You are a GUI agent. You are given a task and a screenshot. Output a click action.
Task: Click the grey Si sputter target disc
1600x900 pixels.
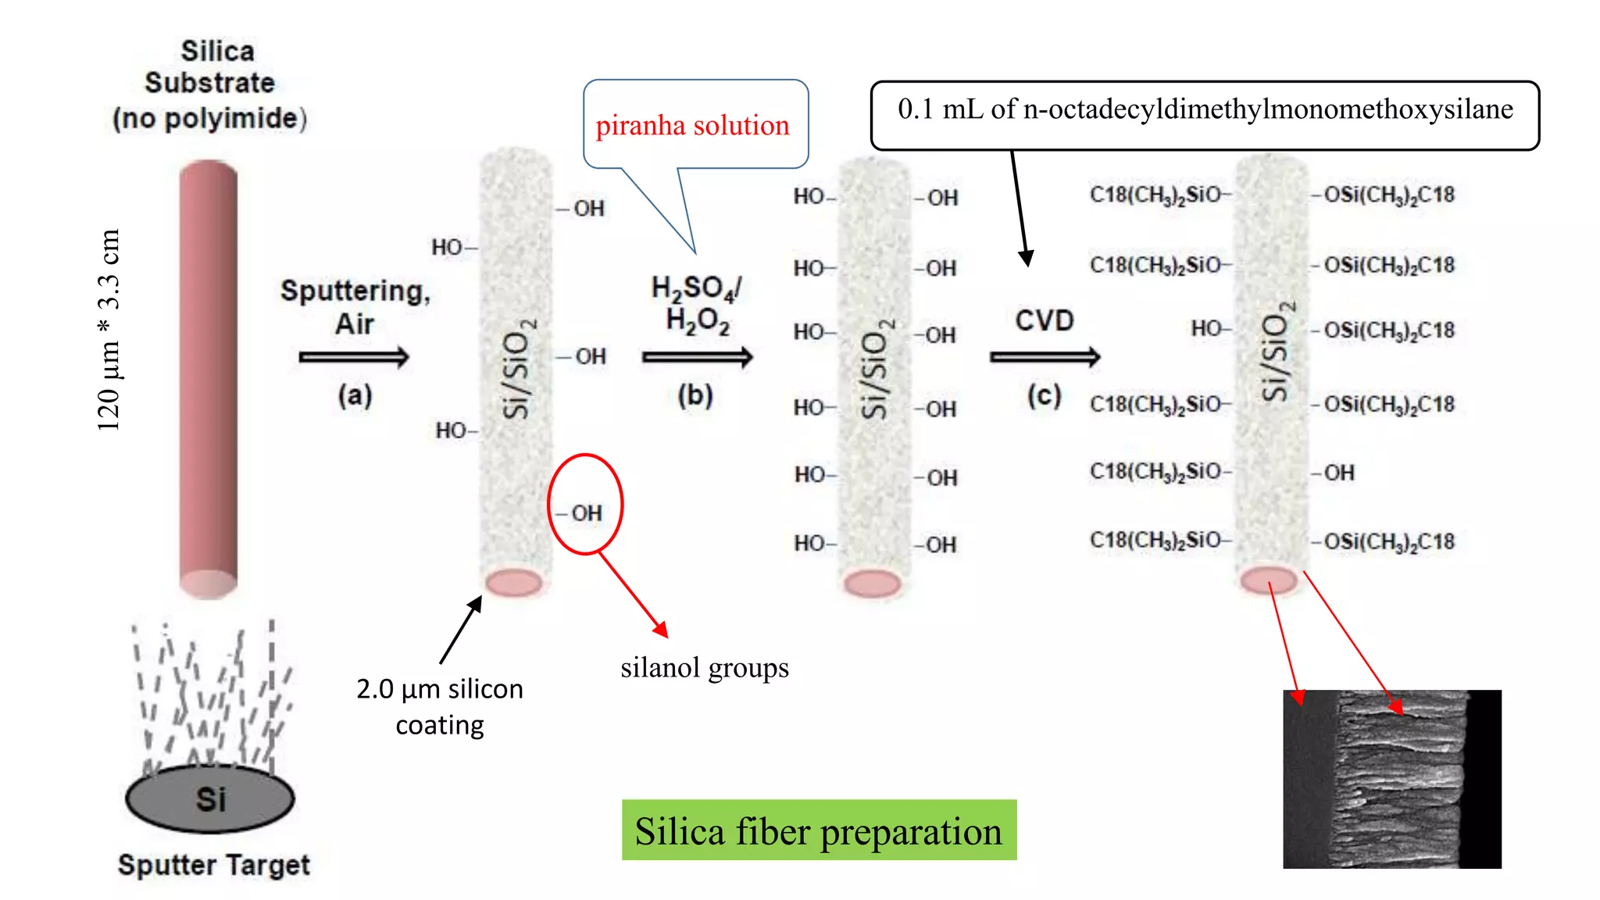pyautogui.click(x=209, y=798)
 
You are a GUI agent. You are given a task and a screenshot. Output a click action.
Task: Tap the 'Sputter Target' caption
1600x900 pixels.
pyautogui.click(x=213, y=865)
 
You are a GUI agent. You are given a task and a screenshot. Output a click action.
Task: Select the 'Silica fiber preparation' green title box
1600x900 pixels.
pyautogui.click(x=819, y=830)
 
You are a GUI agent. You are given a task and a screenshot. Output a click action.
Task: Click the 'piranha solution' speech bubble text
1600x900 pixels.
pyautogui.click(x=692, y=125)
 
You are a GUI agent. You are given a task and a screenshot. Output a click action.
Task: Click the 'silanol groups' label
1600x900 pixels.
pyautogui.click(x=704, y=668)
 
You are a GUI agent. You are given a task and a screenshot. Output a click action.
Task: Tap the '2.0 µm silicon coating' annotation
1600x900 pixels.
pyautogui.click(x=439, y=706)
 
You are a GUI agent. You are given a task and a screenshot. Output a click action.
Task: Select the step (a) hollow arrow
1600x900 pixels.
pyautogui.click(x=353, y=357)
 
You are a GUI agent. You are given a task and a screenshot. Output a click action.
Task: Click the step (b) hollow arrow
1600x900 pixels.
pyautogui.click(x=697, y=357)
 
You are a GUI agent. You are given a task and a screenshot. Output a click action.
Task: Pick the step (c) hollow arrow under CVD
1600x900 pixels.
pyautogui.click(x=1045, y=357)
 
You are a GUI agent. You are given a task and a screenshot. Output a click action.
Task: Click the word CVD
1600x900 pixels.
pyautogui.click(x=1045, y=320)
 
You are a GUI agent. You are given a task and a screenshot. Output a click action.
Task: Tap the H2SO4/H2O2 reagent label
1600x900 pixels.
pyautogui.click(x=697, y=304)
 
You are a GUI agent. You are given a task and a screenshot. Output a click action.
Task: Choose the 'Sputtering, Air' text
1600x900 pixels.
pyautogui.click(x=355, y=306)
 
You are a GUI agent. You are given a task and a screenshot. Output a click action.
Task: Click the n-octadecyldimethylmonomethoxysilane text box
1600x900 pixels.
pyautogui.click(x=1205, y=110)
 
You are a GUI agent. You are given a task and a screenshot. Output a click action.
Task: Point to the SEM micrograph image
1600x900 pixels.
pyautogui.click(x=1391, y=779)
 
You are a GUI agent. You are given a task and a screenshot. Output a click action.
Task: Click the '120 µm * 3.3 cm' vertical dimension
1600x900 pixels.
pyautogui.click(x=109, y=330)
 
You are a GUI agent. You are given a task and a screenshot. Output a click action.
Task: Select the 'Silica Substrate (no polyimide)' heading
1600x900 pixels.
pyautogui.click(x=210, y=84)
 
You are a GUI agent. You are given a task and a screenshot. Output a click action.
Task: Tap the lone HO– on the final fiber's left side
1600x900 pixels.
pyautogui.click(x=1210, y=329)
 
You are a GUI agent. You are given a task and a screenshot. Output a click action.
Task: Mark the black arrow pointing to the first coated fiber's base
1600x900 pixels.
pyautogui.click(x=461, y=630)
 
